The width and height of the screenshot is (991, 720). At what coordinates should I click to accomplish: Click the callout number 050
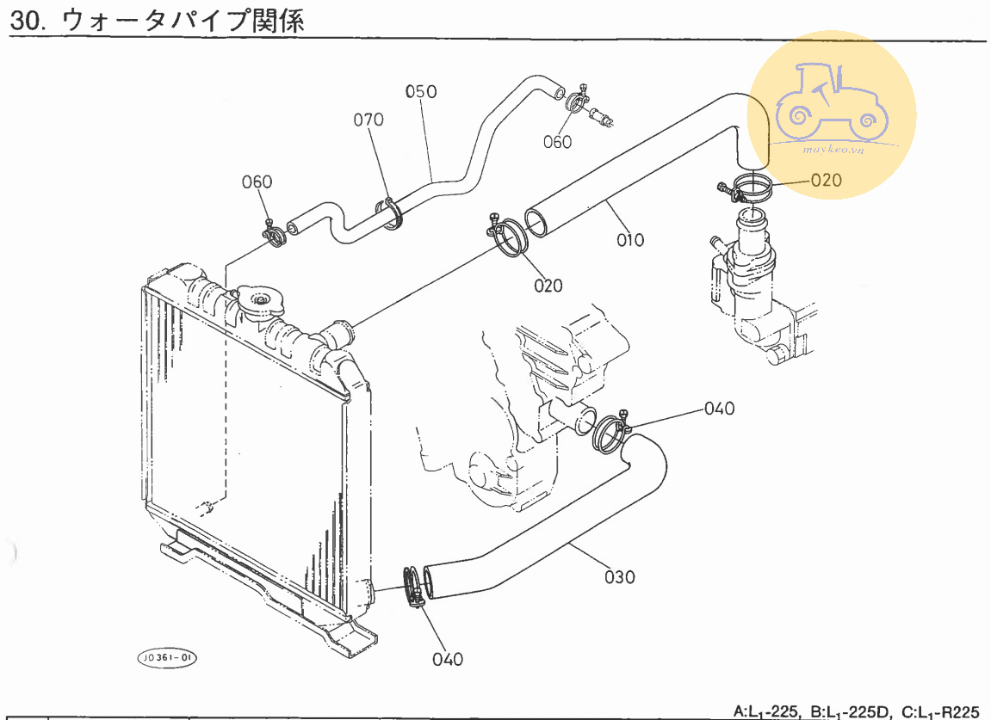click(421, 92)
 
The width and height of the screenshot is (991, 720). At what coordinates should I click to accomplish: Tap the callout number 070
click(369, 120)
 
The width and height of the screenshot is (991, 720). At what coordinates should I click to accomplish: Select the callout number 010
click(630, 240)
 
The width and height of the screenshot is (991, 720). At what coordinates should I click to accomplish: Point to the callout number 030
click(620, 576)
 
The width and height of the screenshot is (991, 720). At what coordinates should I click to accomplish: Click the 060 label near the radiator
click(257, 182)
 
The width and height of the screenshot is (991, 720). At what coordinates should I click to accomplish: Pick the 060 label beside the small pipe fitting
click(557, 143)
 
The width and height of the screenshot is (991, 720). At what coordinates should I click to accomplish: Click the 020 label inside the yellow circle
click(826, 180)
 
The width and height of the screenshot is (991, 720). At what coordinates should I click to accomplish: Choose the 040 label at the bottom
click(448, 660)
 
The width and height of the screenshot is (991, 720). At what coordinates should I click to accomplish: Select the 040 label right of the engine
click(719, 409)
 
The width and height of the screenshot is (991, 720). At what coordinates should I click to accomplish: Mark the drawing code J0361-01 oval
click(166, 658)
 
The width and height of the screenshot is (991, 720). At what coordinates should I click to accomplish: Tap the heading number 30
click(27, 21)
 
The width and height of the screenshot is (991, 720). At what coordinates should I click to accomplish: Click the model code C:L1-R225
click(940, 711)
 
